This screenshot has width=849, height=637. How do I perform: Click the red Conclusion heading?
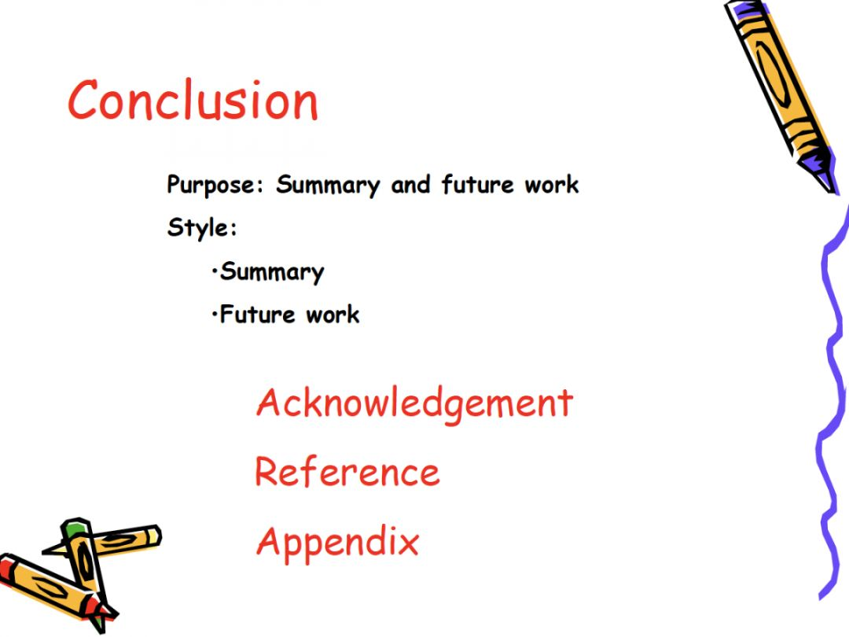click(x=193, y=100)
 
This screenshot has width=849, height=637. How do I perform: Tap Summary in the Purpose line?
click(x=328, y=186)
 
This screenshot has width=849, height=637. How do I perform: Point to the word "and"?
click(x=410, y=184)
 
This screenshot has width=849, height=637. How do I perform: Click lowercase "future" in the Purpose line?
click(x=477, y=184)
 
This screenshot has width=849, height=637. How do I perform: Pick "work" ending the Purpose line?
click(x=552, y=185)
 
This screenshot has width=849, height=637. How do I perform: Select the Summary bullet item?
click(x=272, y=272)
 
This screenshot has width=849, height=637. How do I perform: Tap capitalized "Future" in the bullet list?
click(x=257, y=314)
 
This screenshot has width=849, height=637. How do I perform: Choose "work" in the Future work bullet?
click(x=333, y=314)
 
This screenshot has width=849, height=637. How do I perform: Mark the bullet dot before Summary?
click(x=215, y=271)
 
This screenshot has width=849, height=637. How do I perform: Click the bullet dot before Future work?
click(x=215, y=314)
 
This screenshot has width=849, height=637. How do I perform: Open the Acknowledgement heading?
click(x=415, y=404)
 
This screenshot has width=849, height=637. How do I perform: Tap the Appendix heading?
click(x=338, y=542)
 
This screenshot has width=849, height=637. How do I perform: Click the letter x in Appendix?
click(x=408, y=543)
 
